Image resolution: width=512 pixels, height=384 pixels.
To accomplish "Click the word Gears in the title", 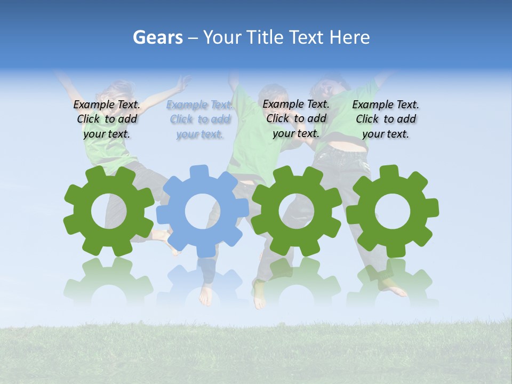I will [x=158, y=37].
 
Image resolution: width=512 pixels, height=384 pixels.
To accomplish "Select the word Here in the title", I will [x=349, y=37].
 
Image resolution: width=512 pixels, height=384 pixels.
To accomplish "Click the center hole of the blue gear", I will [x=202, y=211].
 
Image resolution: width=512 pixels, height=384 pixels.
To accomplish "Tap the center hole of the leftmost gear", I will [x=109, y=211].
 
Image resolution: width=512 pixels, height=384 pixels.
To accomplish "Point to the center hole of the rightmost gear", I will [x=392, y=211].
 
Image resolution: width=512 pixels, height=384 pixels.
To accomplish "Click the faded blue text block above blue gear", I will [x=199, y=119].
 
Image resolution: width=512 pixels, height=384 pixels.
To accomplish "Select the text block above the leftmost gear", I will [x=107, y=119].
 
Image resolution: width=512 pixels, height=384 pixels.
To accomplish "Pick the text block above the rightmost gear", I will [x=386, y=119].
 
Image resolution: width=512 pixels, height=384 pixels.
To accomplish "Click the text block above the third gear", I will [x=296, y=118].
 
